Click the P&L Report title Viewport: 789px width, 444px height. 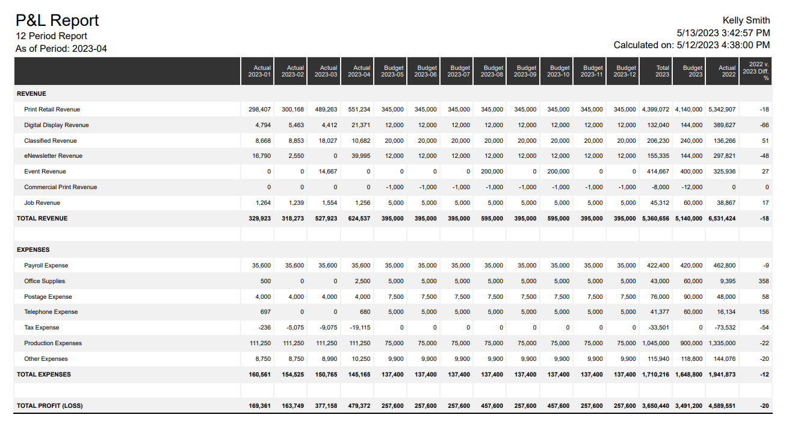57,20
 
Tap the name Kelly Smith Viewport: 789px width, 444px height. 746,20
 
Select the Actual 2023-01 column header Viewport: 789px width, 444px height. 259,71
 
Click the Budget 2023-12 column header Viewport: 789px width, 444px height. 625,71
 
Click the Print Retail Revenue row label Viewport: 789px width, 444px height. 52,110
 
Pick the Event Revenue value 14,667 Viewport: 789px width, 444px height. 327,172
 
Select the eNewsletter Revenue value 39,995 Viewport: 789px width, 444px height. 360,156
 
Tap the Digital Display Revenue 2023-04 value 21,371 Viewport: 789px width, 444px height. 360,125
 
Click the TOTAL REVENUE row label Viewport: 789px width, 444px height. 42,219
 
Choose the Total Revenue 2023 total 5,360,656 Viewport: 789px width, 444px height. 655,219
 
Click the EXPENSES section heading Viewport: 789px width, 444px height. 33,250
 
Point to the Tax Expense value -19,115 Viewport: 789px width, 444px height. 359,328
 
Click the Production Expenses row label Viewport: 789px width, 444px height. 53,343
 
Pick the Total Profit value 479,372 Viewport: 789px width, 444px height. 359,406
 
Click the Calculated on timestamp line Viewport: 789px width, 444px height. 692,45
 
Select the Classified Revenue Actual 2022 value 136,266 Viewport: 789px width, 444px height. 722,141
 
